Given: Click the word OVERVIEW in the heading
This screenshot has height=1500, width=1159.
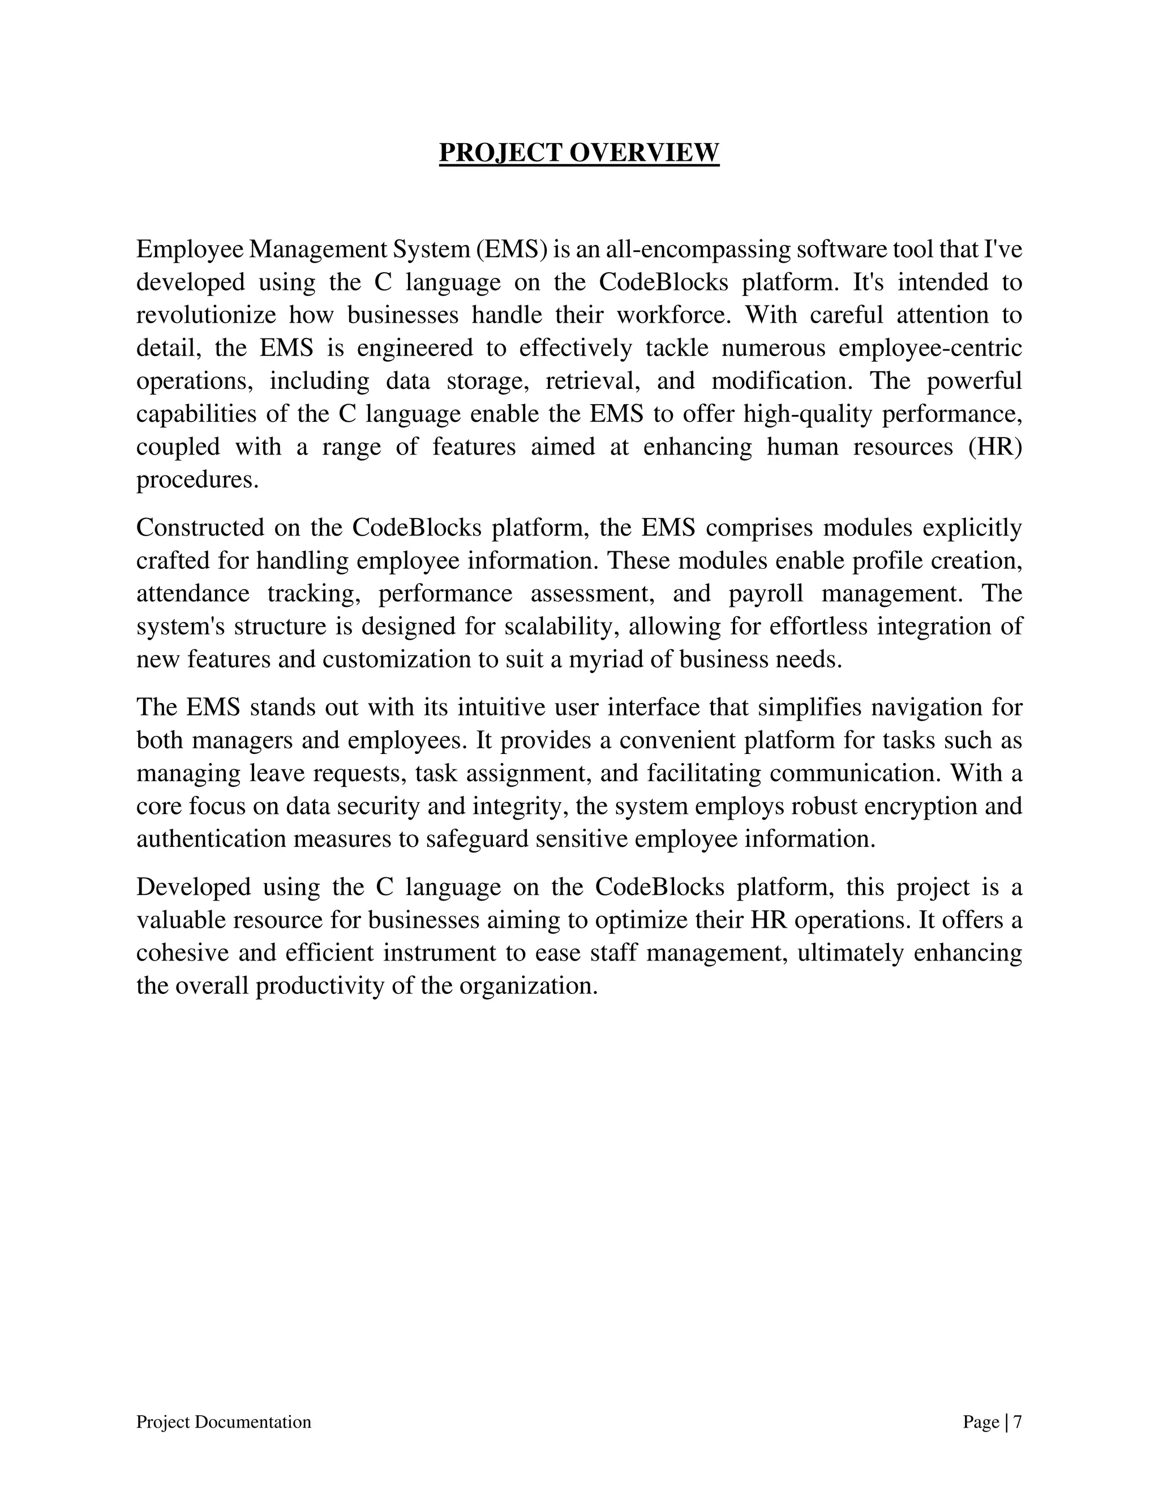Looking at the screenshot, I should tap(644, 152).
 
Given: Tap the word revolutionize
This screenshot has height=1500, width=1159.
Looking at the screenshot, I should tap(206, 315).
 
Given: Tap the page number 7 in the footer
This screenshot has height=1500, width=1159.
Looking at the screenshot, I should tap(1018, 1422).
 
